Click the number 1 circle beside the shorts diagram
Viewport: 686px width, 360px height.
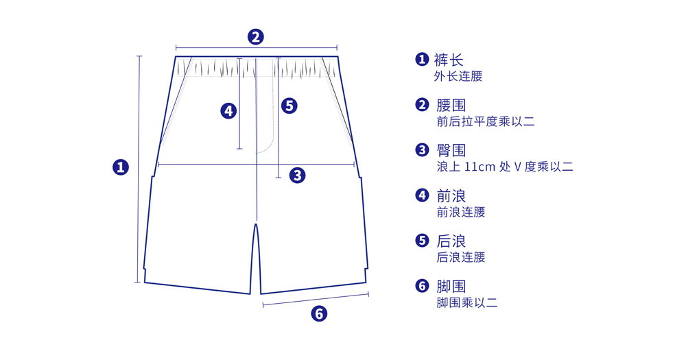(x=121, y=167)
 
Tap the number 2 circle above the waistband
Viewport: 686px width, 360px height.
(x=255, y=36)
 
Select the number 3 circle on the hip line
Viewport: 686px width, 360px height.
(x=297, y=175)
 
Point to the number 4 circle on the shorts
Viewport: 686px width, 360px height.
(x=228, y=110)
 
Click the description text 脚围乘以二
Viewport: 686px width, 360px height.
(x=466, y=302)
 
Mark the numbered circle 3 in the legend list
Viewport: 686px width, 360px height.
(x=422, y=150)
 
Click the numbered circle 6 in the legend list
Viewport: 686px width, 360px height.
(x=422, y=286)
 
